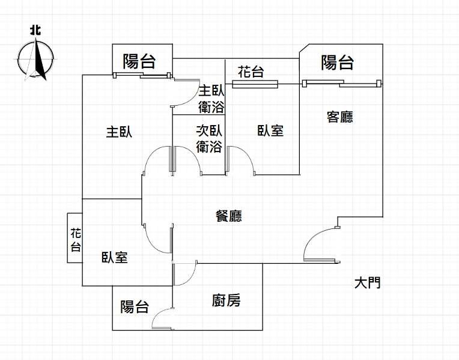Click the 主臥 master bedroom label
[119, 132]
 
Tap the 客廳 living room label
[340, 117]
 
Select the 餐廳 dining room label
[229, 216]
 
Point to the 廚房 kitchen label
[226, 301]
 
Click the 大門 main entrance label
[367, 283]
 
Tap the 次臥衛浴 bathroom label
[209, 139]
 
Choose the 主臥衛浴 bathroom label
[211, 99]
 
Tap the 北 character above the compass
[35, 30]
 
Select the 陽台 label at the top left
[139, 61]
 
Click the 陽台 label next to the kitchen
[135, 307]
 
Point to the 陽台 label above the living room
[338, 63]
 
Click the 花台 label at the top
[251, 72]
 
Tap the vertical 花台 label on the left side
[76, 240]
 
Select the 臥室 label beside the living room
[270, 130]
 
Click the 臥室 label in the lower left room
[115, 257]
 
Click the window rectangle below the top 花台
[255, 84]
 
